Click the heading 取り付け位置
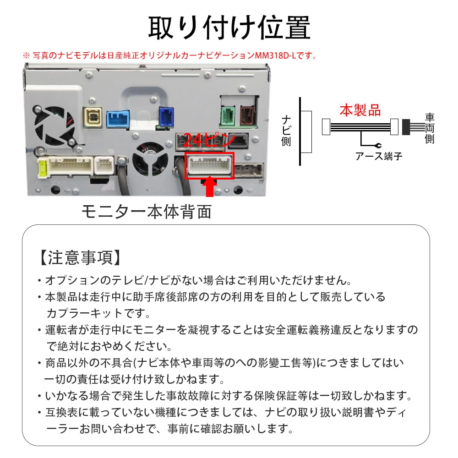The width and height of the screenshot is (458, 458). point(229,27)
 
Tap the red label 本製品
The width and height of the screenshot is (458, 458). point(360,110)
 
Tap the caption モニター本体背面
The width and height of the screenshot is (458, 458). point(147,212)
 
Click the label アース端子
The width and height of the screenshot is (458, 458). point(379,156)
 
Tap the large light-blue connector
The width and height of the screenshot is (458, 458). point(118,120)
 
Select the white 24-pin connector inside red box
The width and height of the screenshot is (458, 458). point(210,165)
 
